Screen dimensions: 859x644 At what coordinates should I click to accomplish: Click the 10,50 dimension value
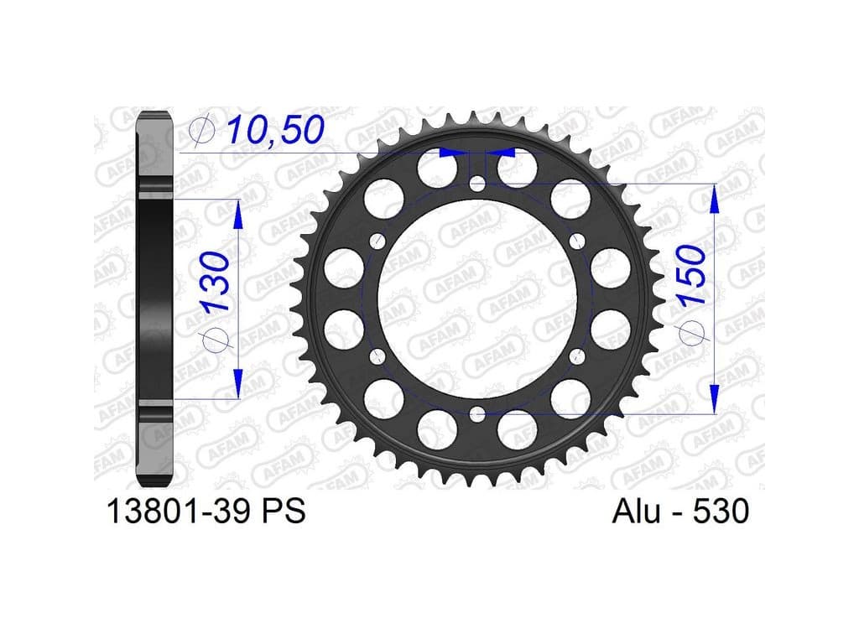click(275, 130)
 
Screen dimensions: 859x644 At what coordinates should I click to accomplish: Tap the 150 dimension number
click(691, 275)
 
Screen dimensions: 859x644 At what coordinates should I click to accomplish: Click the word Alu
click(636, 511)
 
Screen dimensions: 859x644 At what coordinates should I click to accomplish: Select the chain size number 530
click(721, 511)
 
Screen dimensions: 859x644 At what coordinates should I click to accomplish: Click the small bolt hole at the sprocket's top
click(477, 184)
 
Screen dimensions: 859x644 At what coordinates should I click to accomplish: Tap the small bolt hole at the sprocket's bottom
click(477, 414)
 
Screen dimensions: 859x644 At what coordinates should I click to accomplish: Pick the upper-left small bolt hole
click(377, 241)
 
